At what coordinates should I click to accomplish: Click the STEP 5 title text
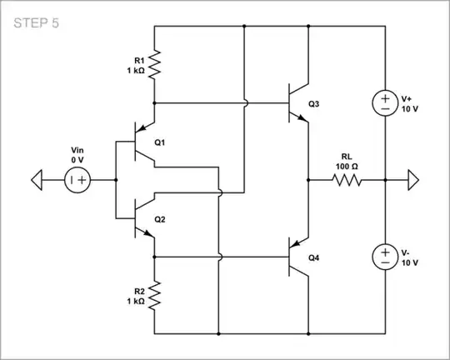[x=37, y=22]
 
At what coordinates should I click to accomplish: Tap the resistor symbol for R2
[x=154, y=294]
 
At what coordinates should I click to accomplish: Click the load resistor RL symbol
[x=346, y=179]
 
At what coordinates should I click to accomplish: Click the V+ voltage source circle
[x=384, y=103]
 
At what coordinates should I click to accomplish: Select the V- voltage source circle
[x=384, y=257]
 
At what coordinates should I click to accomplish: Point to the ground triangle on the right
[x=414, y=179]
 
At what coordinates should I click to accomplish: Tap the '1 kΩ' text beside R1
[x=131, y=71]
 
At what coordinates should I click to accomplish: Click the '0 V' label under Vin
[x=79, y=158]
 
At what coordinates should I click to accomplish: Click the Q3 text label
[x=313, y=104]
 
